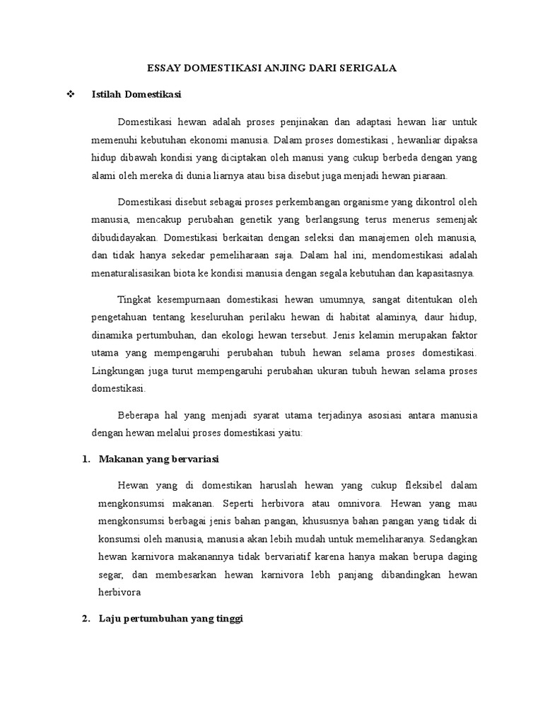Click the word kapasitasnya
(447, 273)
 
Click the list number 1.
(86, 459)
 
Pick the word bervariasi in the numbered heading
(194, 459)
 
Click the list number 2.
(86, 619)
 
